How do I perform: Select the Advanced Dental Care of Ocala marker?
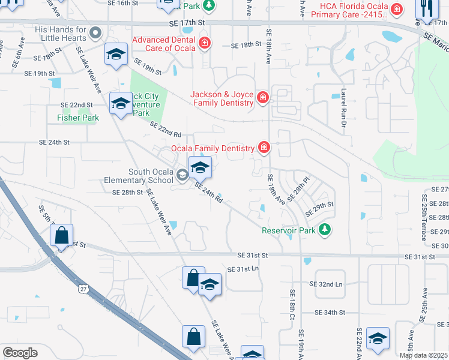(x=205, y=43)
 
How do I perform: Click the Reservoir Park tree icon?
(x=325, y=230)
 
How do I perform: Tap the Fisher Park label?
(x=78, y=118)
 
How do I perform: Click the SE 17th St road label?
(x=187, y=22)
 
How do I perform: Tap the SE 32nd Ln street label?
(x=326, y=284)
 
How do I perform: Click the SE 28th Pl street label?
(x=298, y=188)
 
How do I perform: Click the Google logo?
(x=20, y=352)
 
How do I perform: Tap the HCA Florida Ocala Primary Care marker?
(x=396, y=9)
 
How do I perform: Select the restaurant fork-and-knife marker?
(x=427, y=8)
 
